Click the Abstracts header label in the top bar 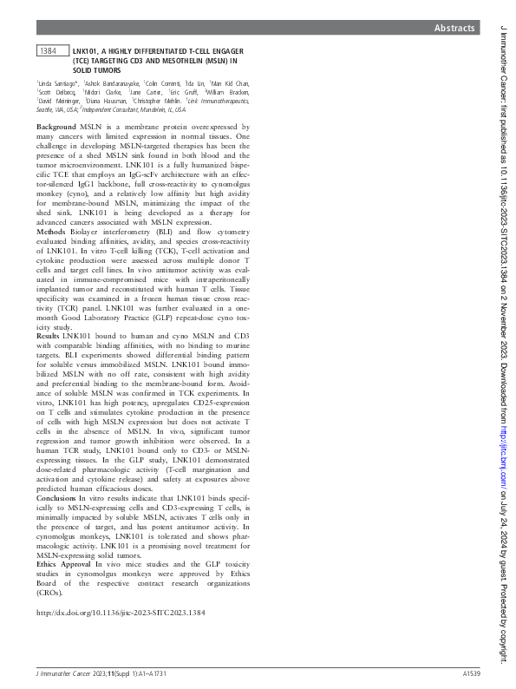(x=455, y=29)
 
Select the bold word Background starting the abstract (x=56, y=127)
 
